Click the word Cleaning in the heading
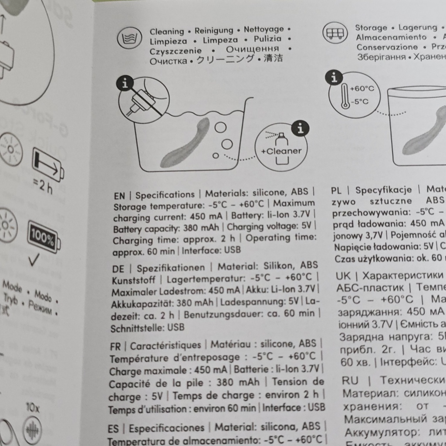(167, 31)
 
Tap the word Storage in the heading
(371, 28)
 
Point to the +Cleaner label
(281, 151)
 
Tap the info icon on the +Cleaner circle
(300, 128)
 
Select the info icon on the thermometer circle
(334, 78)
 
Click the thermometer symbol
(345, 96)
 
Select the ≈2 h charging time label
(44, 186)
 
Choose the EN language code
(119, 196)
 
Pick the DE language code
(118, 269)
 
